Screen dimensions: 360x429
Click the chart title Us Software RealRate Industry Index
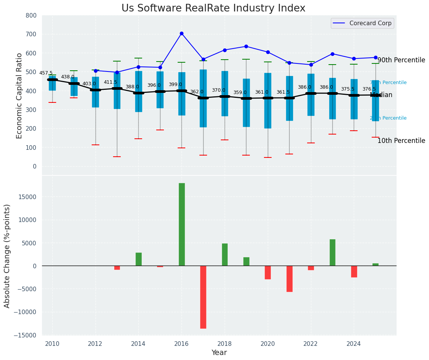213,8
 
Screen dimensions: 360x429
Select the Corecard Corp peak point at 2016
181,34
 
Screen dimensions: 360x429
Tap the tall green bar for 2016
182,224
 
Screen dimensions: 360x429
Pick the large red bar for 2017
203,297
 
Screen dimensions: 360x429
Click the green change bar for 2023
332,252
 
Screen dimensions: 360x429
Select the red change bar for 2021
290,279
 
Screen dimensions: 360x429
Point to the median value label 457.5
46,73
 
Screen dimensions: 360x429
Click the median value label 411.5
110,82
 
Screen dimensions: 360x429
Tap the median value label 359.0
240,92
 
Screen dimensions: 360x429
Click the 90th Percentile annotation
401,60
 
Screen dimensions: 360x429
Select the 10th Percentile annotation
401,141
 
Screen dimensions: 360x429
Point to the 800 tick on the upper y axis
31,16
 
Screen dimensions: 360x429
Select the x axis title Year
219,353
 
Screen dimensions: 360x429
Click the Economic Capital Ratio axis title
19,95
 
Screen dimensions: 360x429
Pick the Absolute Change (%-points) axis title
7,256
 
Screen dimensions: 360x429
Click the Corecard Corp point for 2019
246,47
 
